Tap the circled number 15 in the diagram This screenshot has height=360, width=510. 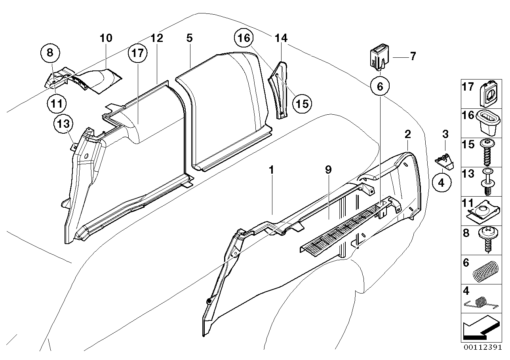coord(302,103)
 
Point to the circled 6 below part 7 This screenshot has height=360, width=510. coord(380,86)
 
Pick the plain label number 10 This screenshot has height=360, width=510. coord(106,38)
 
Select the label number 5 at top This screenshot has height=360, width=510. coord(189,38)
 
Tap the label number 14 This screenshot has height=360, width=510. coord(281,38)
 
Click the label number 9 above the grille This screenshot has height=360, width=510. coord(328,170)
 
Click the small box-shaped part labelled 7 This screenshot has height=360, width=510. coord(379,56)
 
